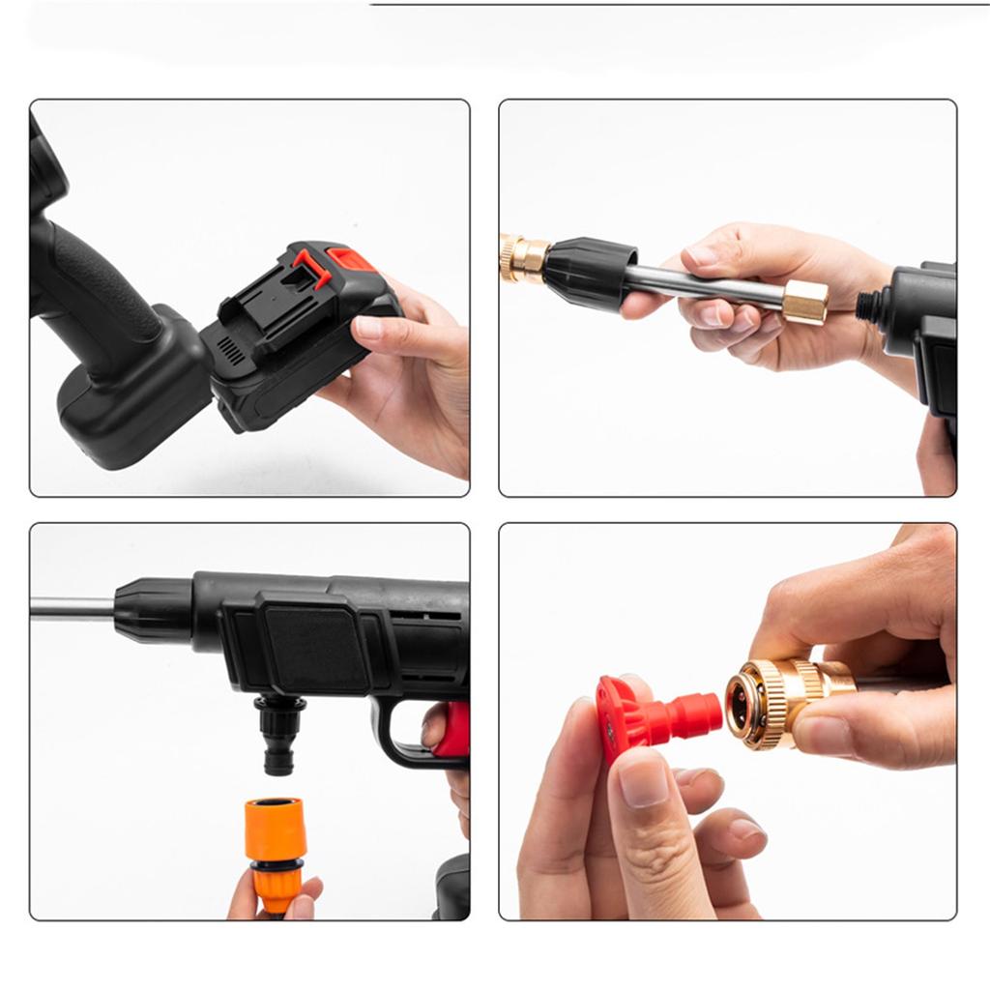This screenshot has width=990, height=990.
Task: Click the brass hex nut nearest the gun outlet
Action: [804, 302]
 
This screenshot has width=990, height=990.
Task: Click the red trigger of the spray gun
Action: [452, 730]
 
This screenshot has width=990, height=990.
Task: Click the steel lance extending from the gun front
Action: [73, 608]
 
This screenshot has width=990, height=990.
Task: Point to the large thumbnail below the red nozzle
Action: [643, 783]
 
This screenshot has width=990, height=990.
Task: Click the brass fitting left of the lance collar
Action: [522, 258]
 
